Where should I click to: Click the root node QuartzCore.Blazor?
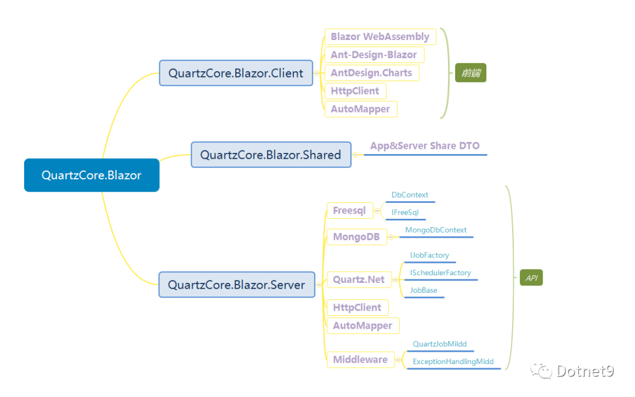pos(92,175)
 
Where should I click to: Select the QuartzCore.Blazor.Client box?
pos(236,73)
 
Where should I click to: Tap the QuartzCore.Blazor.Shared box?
pos(271,154)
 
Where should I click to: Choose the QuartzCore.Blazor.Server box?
pos(236,285)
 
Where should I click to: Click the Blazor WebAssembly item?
pos(380,36)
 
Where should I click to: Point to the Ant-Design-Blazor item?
pos(374,55)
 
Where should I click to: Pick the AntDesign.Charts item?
pos(372,73)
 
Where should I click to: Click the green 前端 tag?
pos(470,73)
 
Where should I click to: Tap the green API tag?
pos(532,278)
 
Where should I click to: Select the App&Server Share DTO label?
pos(425,146)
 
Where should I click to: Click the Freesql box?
pos(349,211)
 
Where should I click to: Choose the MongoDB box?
pos(356,236)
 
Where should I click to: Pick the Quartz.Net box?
pos(359,279)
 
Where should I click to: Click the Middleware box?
pos(360,360)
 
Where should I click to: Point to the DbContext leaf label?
pos(410,195)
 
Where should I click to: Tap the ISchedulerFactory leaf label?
pos(440,273)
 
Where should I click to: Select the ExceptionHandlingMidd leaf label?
pos(453,361)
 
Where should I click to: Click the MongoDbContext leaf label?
pos(436,230)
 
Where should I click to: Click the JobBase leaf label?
pos(423,290)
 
